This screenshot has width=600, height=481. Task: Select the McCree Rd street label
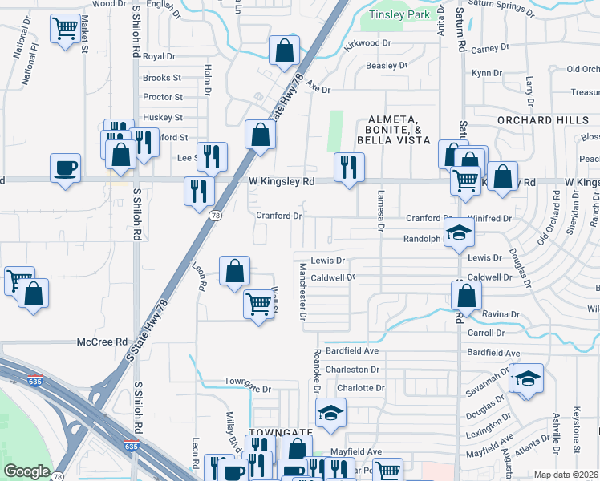(x=103, y=342)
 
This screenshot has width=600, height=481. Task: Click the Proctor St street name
(x=162, y=97)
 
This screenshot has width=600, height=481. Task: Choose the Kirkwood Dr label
(x=367, y=43)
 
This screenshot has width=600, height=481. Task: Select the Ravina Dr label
(x=501, y=314)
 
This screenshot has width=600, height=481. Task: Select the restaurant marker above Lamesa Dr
(x=348, y=167)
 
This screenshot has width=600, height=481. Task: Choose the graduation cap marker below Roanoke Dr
(x=330, y=412)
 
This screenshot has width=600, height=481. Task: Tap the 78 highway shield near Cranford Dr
(x=215, y=216)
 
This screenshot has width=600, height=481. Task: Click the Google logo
(x=27, y=471)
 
